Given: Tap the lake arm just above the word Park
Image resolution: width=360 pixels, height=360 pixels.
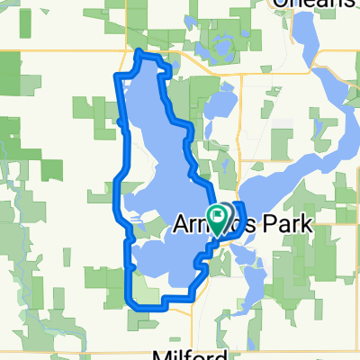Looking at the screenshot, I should tap(270, 193).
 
